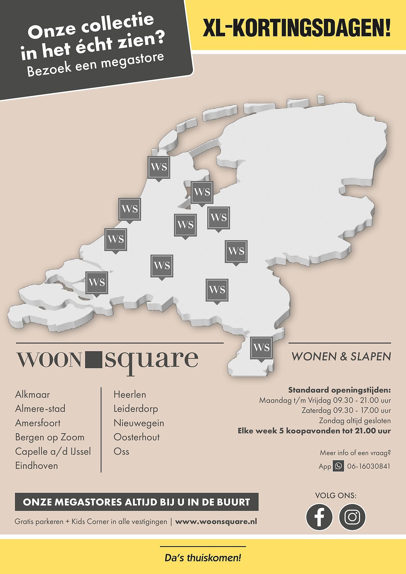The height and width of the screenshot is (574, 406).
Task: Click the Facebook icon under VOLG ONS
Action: [x=319, y=517]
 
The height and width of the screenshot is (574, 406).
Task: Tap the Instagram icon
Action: [x=352, y=517]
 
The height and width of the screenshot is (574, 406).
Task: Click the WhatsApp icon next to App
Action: [x=338, y=466]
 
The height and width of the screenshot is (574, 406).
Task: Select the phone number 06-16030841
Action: [x=369, y=466]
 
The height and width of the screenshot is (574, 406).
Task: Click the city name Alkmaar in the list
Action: [x=32, y=395]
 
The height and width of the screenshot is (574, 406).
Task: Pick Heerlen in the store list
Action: [x=130, y=395]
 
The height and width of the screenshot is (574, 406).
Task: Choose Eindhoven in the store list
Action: [x=36, y=466]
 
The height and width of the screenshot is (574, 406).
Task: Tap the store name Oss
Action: [x=121, y=451]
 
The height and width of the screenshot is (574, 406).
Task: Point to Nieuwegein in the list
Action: [x=139, y=423]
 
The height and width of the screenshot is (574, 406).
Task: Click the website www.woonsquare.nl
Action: [x=216, y=521]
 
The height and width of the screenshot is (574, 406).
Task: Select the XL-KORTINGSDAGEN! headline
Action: [x=297, y=28]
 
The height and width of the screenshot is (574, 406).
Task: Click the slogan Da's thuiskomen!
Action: [x=203, y=558]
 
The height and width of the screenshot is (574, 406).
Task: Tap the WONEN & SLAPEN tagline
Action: [x=341, y=357]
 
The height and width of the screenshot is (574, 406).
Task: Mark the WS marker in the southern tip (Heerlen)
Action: [x=261, y=348]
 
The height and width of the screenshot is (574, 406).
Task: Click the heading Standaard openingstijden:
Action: [x=339, y=390]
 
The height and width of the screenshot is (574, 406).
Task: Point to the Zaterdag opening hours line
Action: [x=346, y=410]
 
